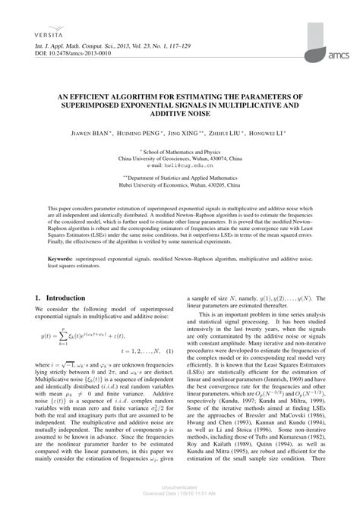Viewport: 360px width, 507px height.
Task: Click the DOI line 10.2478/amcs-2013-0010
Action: point(72,55)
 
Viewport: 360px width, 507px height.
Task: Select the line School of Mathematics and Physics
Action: point(181,151)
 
